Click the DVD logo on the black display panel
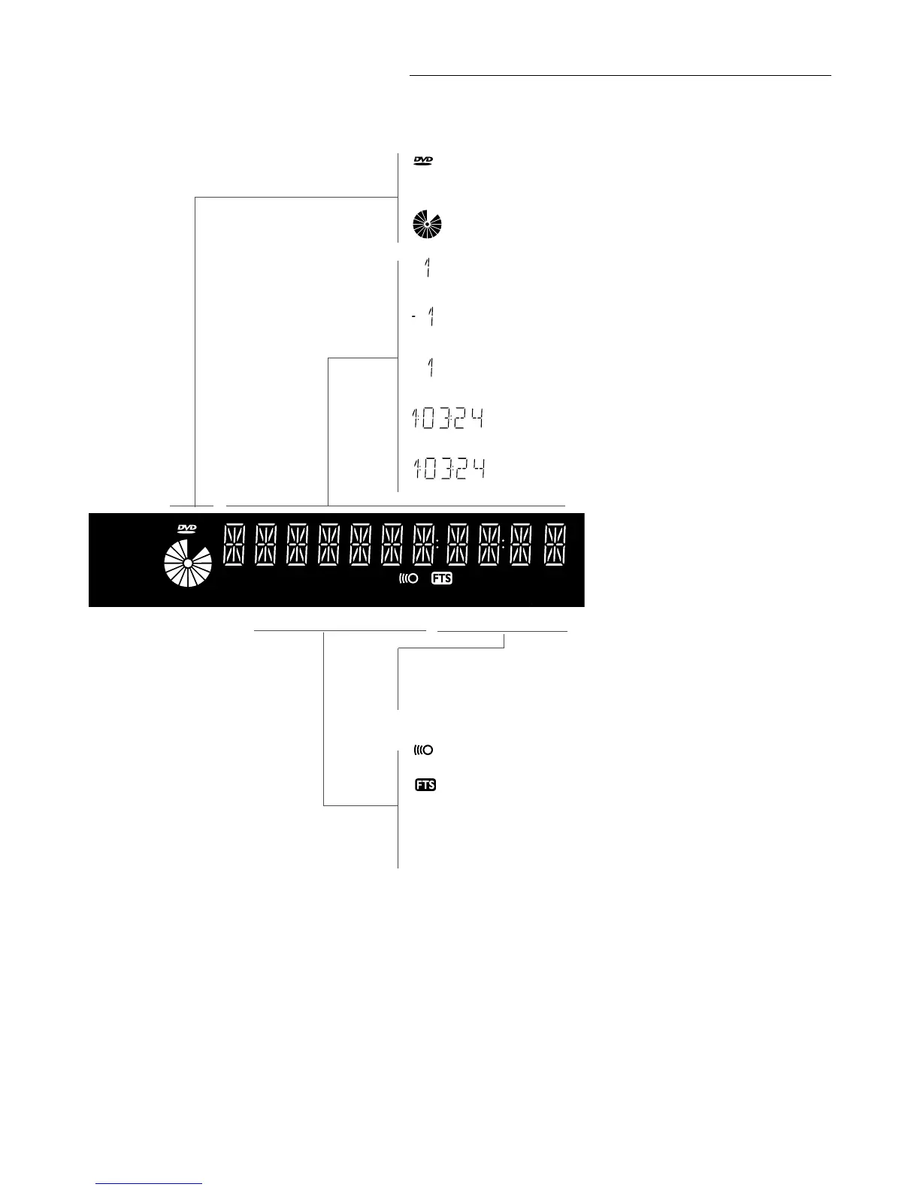pyautogui.click(x=186, y=530)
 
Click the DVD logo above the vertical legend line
pyautogui.click(x=424, y=161)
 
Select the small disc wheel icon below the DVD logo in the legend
pyautogui.click(x=427, y=225)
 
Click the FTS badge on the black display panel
pyautogui.click(x=442, y=578)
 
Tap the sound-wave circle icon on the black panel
pyautogui.click(x=408, y=578)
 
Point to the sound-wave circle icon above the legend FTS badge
pyautogui.click(x=423, y=750)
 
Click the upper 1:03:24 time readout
pyautogui.click(x=448, y=419)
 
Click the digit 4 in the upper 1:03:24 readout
pyautogui.click(x=477, y=419)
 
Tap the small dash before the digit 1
pyautogui.click(x=414, y=318)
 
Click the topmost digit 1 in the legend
pyautogui.click(x=427, y=268)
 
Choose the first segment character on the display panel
pyautogui.click(x=234, y=545)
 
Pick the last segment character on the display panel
pyautogui.click(x=555, y=545)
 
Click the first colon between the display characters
pyautogui.click(x=437, y=545)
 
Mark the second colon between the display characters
pyautogui.click(x=502, y=545)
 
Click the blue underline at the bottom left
pyautogui.click(x=150, y=1183)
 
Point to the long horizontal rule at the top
pyautogui.click(x=620, y=75)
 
